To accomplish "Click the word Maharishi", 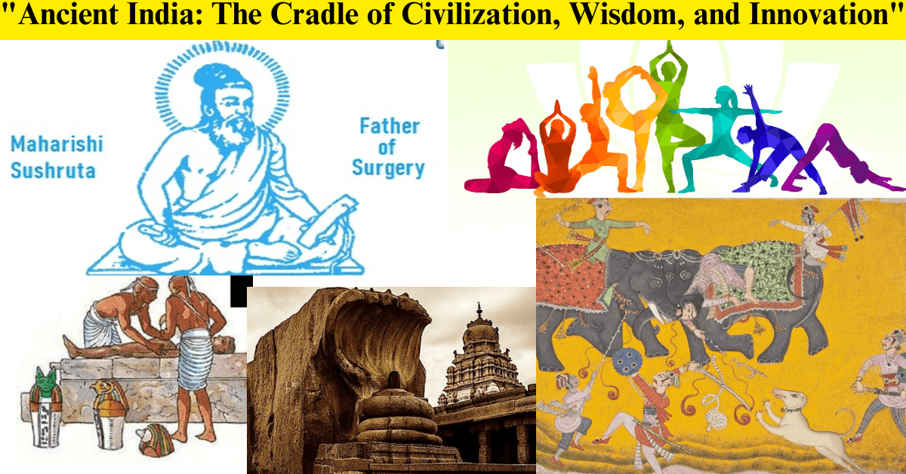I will [57, 144].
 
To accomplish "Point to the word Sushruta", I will [53, 170].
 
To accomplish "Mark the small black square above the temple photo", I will [241, 291].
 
